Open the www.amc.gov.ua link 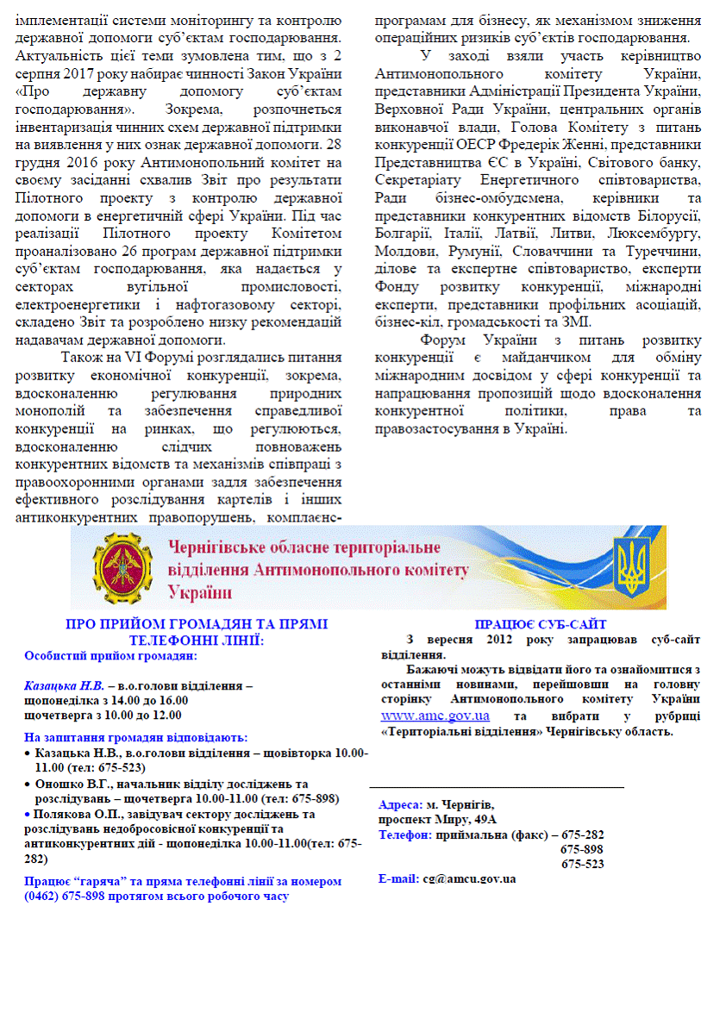pos(435,715)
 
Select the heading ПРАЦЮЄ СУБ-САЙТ pos(541,624)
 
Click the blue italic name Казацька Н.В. pos(64,687)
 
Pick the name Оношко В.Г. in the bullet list pos(69,784)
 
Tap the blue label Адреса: pos(400,804)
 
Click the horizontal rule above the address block pos(496,787)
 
